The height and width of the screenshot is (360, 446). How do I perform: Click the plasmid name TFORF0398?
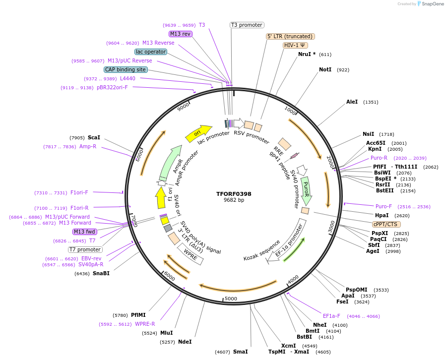(234, 194)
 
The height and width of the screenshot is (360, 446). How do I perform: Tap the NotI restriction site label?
(325, 70)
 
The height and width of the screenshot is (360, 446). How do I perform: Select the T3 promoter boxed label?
(247, 25)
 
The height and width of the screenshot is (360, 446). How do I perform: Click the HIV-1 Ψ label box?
(295, 45)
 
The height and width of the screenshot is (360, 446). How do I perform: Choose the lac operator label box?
(151, 52)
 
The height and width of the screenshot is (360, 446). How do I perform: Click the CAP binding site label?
(126, 69)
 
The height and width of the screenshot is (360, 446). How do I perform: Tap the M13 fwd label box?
(85, 232)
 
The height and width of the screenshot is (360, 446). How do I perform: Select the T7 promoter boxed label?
(85, 249)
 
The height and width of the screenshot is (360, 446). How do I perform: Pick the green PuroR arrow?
(306, 190)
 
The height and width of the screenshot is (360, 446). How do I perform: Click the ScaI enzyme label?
(94, 137)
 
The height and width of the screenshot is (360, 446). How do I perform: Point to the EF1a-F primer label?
(331, 316)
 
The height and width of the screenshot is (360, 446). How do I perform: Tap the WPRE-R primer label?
(145, 324)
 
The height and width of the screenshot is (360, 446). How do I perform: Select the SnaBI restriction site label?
(101, 273)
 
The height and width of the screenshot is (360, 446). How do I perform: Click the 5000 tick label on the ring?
(231, 299)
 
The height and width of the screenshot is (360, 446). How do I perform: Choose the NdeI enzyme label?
(185, 342)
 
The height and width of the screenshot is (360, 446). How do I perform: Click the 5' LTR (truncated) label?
(290, 36)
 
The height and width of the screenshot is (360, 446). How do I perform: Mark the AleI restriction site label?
(352, 102)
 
